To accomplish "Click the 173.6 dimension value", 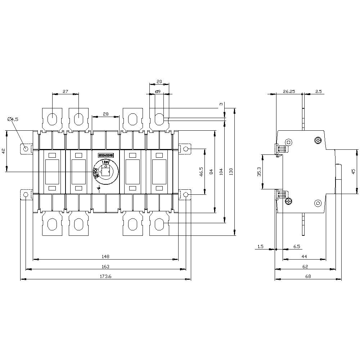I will pyautogui.click(x=105, y=276).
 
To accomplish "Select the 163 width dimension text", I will pyautogui.click(x=105, y=266).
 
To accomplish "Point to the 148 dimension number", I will pyautogui.click(x=105, y=256).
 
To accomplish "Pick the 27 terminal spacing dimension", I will pyautogui.click(x=66, y=91).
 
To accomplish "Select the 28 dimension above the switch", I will pyautogui.click(x=105, y=114).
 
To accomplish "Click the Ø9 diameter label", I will pyautogui.click(x=157, y=92).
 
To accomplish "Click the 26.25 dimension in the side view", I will pyautogui.click(x=289, y=92).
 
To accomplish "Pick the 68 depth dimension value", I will pyautogui.click(x=308, y=276).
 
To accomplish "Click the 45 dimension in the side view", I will pyautogui.click(x=353, y=171).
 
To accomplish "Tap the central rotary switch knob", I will pyautogui.click(x=105, y=172).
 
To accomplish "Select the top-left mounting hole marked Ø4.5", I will pyautogui.click(x=26, y=149).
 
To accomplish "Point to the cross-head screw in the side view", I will pyautogui.click(x=318, y=140).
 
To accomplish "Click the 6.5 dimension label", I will pyautogui.click(x=297, y=247).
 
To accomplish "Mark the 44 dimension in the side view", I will pyautogui.click(x=304, y=256).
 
